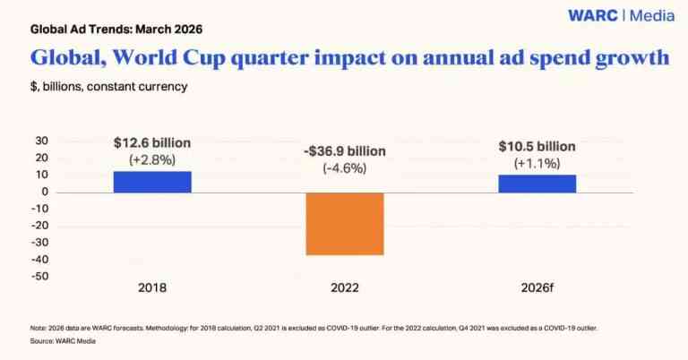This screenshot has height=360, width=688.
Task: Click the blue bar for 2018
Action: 152,182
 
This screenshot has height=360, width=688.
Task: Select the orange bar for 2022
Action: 345,224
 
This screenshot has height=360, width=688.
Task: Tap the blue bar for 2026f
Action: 537,183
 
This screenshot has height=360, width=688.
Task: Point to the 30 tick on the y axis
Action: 41,141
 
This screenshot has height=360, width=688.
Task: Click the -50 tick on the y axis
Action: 39,276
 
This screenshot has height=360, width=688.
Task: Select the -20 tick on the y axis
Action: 39,226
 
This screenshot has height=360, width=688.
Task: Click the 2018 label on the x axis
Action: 152,288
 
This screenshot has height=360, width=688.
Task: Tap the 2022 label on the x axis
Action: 345,288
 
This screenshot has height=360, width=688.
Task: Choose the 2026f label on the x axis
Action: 537,288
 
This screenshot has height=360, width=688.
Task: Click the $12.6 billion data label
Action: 152,142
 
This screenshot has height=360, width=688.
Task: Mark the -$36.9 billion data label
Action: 345,150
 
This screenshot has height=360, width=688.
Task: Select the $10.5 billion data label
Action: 537,147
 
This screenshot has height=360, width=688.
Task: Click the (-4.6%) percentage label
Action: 345,167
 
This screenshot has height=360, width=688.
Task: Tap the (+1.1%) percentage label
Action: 537,164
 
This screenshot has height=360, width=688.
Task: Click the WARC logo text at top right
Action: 595,15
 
